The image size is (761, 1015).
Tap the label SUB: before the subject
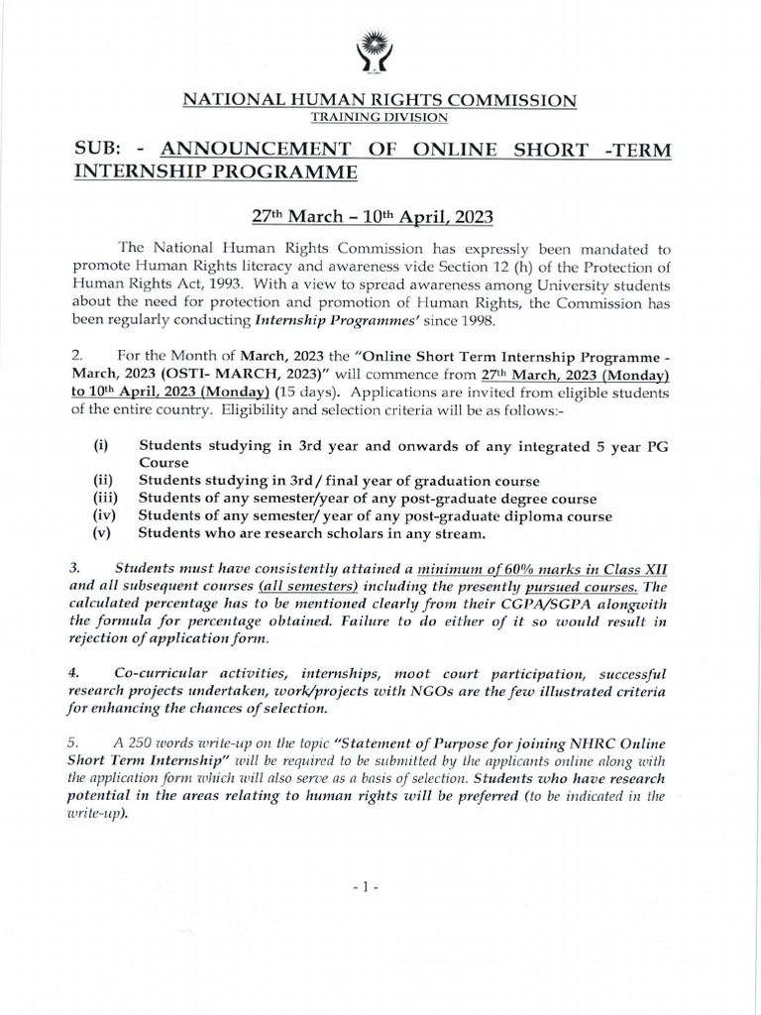pos(99,149)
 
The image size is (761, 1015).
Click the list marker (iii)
pos(106,499)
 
